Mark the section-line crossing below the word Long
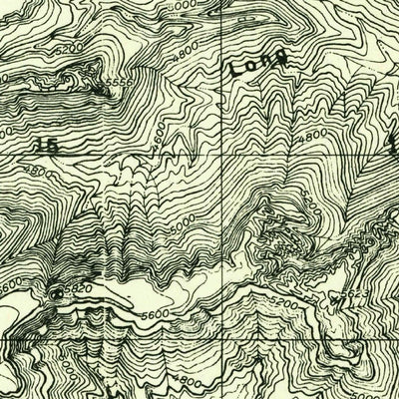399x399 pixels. coord(236,156)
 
